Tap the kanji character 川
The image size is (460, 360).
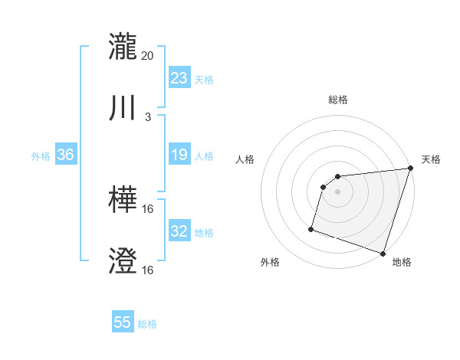(x=123, y=108)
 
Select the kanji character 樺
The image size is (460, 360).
(x=123, y=201)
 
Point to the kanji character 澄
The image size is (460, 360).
(x=123, y=262)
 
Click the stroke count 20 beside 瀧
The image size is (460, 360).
(x=148, y=56)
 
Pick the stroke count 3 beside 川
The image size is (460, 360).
(x=148, y=117)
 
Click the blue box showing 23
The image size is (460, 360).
(x=179, y=78)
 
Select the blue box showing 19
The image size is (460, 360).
(x=179, y=155)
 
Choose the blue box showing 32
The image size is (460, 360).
(x=179, y=231)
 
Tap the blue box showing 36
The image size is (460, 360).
(x=65, y=155)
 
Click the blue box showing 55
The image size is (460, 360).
(x=123, y=322)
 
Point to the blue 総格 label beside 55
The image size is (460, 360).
(x=147, y=324)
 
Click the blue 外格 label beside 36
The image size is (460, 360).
(x=41, y=156)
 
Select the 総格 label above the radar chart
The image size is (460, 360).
(x=338, y=100)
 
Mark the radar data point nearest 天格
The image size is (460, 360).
(x=409, y=169)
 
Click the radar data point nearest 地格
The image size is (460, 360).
(x=383, y=253)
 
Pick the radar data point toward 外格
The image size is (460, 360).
(x=311, y=228)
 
